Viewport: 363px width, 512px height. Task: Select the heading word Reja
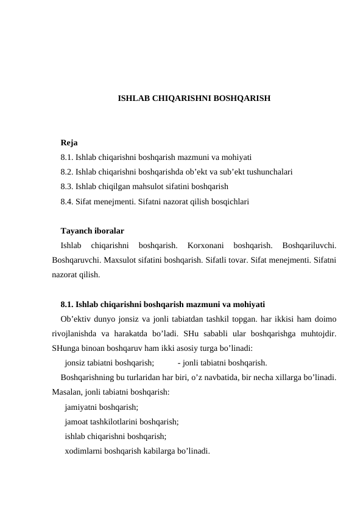(x=69, y=144)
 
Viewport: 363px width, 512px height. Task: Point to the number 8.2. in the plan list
(x=68, y=172)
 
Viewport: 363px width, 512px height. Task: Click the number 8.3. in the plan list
(x=68, y=186)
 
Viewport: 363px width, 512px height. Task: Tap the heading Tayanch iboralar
(x=93, y=232)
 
